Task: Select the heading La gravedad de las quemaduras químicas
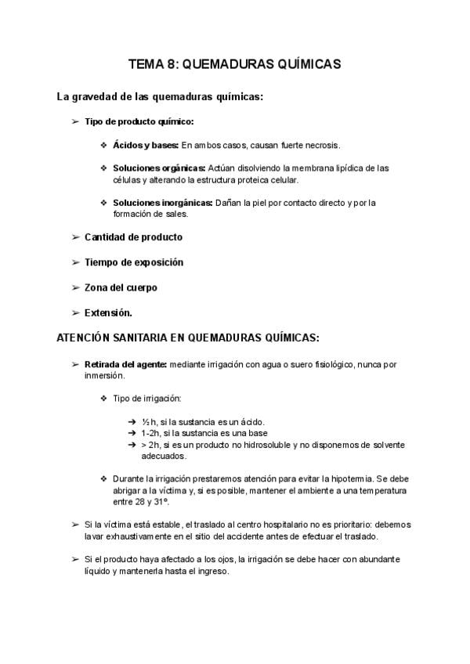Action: [160, 97]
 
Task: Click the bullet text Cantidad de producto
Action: [133, 237]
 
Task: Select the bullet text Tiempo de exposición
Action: [133, 262]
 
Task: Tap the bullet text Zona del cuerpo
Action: [121, 287]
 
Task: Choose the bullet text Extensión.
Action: [108, 312]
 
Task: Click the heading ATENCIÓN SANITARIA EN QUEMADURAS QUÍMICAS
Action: [188, 337]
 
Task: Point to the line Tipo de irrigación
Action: [147, 399]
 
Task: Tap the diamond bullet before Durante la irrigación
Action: [104, 478]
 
